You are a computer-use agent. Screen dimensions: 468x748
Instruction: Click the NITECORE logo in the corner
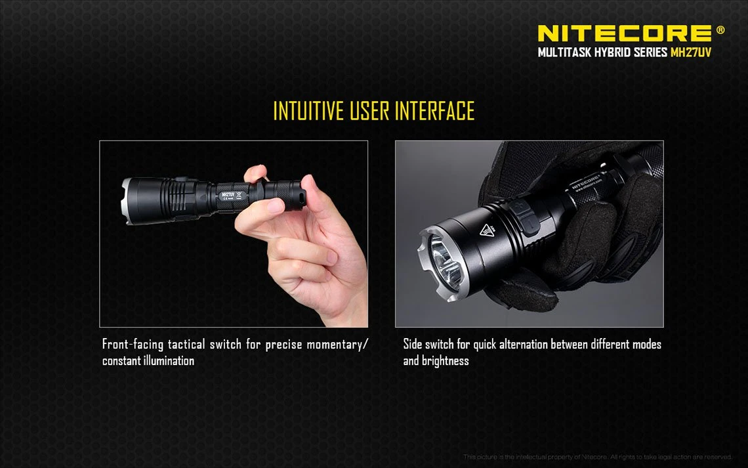[x=623, y=33]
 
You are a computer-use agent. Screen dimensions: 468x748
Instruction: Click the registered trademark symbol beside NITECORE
[x=720, y=30]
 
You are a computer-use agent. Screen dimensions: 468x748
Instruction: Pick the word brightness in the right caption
[x=446, y=361]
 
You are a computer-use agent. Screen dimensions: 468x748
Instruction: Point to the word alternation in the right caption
[x=522, y=345]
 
